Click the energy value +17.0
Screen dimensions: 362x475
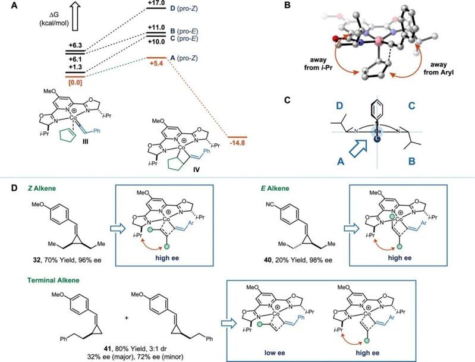156,4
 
